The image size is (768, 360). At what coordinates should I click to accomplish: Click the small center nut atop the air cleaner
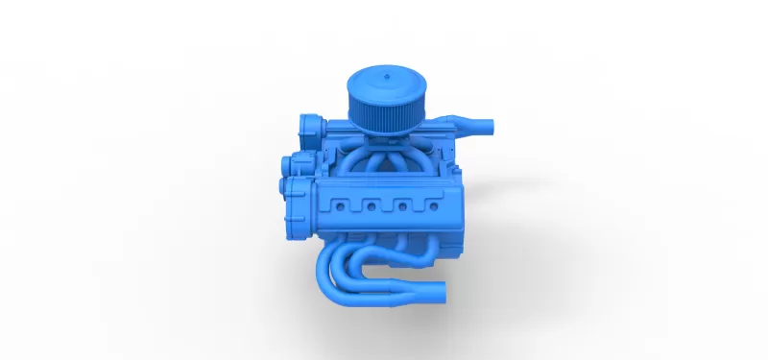coord(384,72)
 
